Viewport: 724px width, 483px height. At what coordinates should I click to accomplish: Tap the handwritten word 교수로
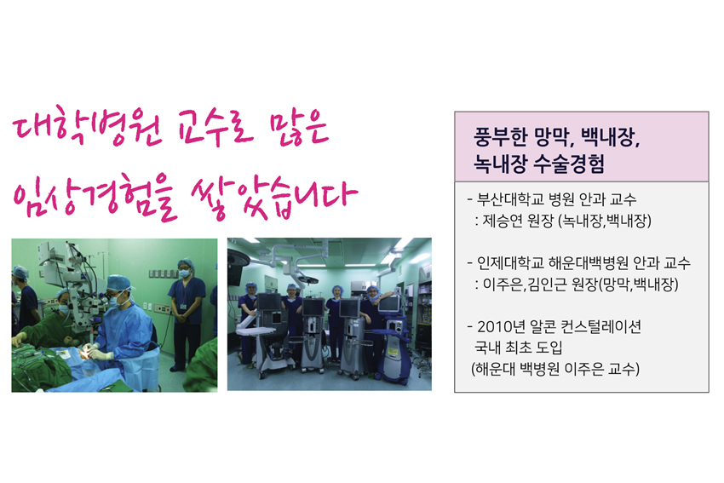click(216, 129)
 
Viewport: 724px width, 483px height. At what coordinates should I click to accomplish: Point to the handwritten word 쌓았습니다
click(274, 198)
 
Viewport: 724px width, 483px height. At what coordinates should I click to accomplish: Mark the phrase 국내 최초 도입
click(518, 348)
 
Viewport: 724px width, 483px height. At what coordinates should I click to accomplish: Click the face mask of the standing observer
click(185, 273)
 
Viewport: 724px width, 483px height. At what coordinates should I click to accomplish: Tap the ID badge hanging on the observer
click(184, 306)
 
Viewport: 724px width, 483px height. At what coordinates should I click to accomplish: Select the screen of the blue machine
click(389, 303)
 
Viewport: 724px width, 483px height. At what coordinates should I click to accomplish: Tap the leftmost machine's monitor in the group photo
click(268, 302)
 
